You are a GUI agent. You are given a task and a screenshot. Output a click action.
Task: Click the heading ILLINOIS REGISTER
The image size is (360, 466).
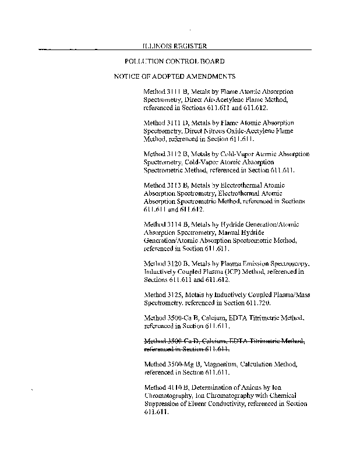click(175, 46)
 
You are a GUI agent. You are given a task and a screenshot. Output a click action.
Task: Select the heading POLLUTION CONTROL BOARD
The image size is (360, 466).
click(175, 61)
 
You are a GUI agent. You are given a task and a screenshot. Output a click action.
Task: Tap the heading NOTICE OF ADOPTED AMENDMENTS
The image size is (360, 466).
click(174, 77)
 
